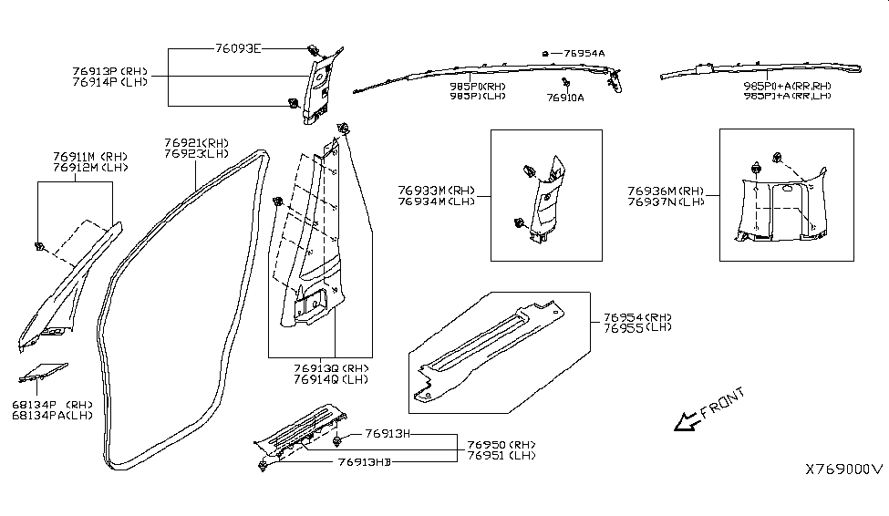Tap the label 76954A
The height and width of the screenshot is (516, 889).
coord(584,54)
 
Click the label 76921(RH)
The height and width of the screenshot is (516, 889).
coord(197,143)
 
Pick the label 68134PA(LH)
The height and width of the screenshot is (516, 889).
coord(52,416)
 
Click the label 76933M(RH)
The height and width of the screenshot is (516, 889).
coord(434,191)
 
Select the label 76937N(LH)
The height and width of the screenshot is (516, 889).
coord(666,201)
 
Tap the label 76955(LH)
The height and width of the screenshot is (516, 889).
coord(637,325)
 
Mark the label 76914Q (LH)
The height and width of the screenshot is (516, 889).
coord(331,379)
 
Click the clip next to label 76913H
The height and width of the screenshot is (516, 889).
coord(338,441)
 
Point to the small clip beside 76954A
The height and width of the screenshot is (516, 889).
coord(544,55)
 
